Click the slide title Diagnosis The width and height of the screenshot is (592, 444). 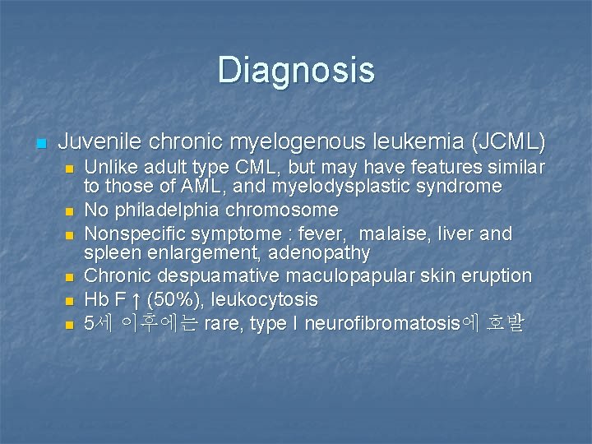296,70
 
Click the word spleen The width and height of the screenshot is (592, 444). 111,252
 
